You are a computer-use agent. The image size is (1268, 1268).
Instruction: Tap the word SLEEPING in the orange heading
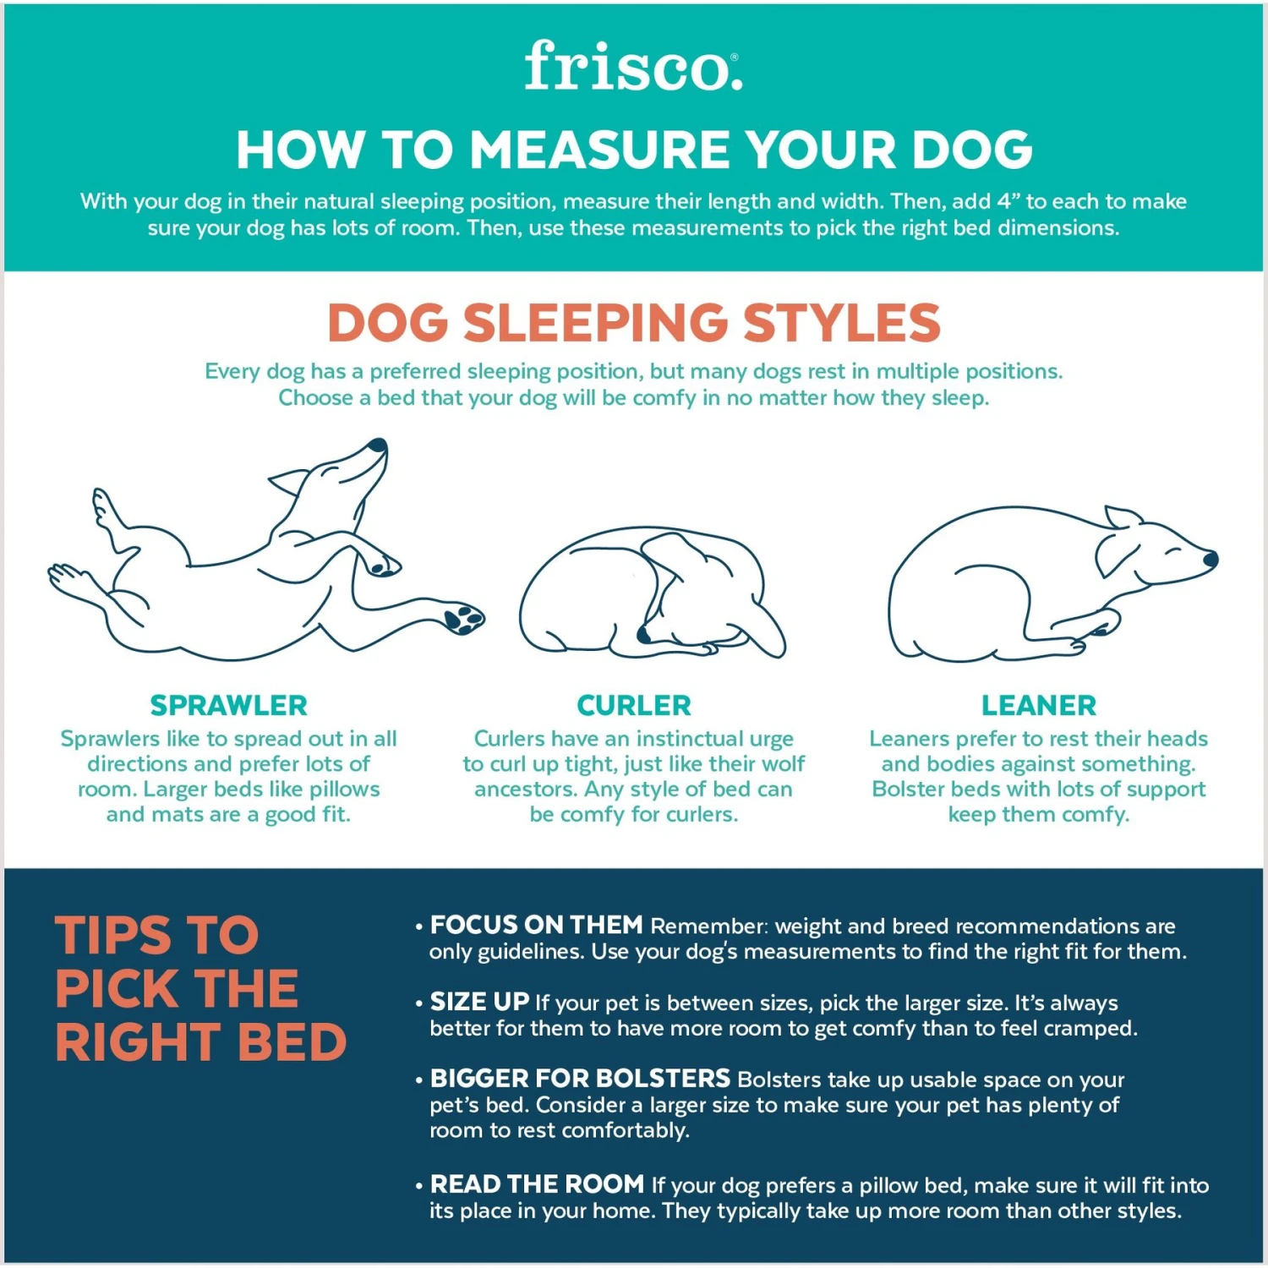(596, 323)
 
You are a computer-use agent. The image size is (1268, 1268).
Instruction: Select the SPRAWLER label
(228, 705)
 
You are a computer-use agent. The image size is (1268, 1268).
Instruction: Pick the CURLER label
(634, 705)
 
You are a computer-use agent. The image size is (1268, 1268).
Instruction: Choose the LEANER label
(1038, 705)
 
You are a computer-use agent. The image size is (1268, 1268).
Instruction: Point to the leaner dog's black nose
(1211, 559)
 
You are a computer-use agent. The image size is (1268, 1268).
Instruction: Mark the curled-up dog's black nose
(644, 634)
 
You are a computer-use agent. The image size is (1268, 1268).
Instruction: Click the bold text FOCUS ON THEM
(536, 925)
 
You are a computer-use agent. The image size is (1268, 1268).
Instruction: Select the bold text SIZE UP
(479, 1002)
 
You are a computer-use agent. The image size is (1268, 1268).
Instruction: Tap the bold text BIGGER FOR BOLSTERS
(580, 1079)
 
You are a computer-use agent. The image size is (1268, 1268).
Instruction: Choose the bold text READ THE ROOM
(537, 1184)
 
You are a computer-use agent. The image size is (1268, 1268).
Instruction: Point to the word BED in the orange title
(292, 1042)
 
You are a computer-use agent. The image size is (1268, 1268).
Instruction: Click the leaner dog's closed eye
(1173, 551)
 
